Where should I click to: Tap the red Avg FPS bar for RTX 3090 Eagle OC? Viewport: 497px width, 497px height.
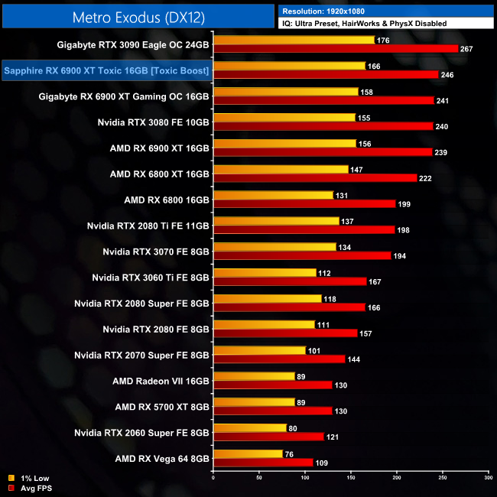pyautogui.click(x=336, y=49)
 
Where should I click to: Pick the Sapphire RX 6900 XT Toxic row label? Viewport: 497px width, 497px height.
pyautogui.click(x=107, y=71)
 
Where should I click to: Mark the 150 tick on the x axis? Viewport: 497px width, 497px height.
pyautogui.click(x=351, y=478)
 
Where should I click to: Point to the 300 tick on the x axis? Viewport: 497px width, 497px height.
pyautogui.click(x=489, y=478)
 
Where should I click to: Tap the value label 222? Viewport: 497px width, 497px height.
pyautogui.click(x=427, y=178)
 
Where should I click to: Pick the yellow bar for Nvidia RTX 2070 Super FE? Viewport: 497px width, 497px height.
pyautogui.click(x=259, y=350)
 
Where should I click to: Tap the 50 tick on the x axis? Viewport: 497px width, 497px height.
pyautogui.click(x=259, y=478)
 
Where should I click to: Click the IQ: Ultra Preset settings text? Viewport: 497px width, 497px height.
pyautogui.click(x=364, y=24)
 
